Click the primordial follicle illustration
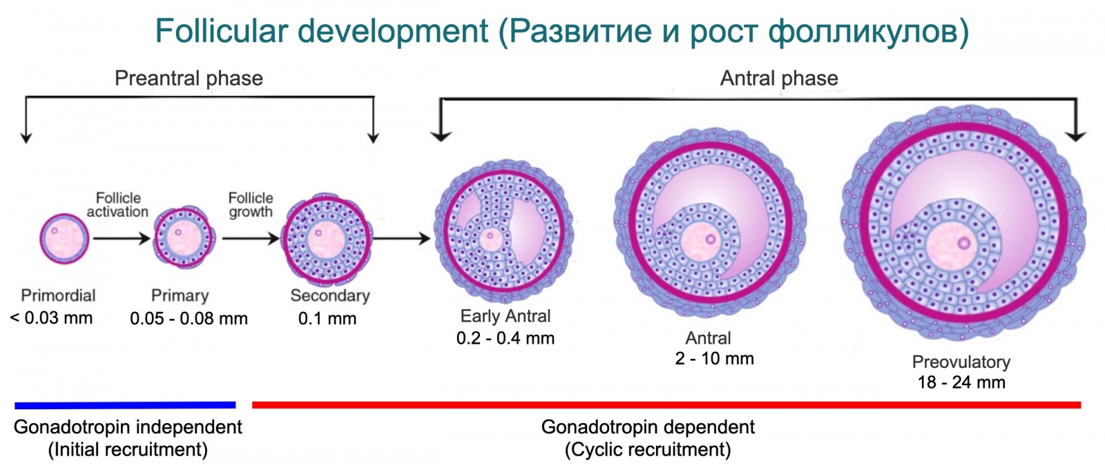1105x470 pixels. tap(65, 239)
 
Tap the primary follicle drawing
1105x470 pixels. tap(184, 238)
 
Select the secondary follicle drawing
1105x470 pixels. tap(326, 239)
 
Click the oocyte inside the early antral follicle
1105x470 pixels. tap(491, 239)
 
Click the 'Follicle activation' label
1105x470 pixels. tap(117, 205)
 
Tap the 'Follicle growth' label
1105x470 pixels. tap(251, 205)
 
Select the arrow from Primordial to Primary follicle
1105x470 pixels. tap(122, 239)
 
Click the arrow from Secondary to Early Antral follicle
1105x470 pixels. tap(401, 239)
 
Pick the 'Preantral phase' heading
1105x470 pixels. tap(189, 79)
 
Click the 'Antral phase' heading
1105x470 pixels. tap(779, 79)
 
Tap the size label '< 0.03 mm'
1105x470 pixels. tap(51, 318)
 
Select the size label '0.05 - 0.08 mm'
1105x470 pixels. tap(189, 319)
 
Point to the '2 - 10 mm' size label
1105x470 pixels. tap(714, 359)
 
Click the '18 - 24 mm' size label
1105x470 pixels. tap(961, 382)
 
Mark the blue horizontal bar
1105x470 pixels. tap(125, 405)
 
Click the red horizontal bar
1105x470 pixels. tap(666, 405)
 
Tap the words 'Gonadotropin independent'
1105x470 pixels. tap(128, 427)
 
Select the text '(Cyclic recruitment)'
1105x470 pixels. tap(648, 450)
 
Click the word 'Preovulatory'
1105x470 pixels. tap(961, 362)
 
